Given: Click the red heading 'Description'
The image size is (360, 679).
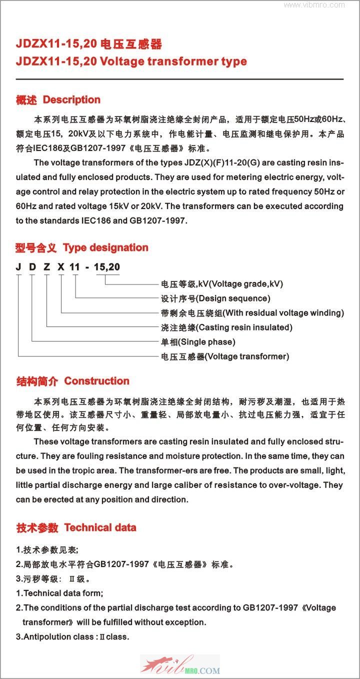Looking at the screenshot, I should click(x=71, y=100).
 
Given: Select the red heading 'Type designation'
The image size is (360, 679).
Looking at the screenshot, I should click(x=105, y=247).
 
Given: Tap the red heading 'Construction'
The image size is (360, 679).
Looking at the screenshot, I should click(x=96, y=381).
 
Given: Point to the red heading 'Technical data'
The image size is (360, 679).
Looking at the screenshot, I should click(x=100, y=527).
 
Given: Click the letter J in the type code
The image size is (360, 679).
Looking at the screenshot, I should click(x=18, y=267).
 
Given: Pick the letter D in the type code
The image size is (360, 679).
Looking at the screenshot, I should click(x=32, y=267).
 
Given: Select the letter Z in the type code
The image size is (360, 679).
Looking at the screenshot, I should click(x=46, y=267).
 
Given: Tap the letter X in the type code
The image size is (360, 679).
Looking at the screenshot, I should click(x=61, y=267).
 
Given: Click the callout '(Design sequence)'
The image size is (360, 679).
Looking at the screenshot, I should click(x=233, y=298).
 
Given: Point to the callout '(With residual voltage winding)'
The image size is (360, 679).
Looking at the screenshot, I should click(x=283, y=313).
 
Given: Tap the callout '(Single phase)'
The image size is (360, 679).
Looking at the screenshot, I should click(x=205, y=342).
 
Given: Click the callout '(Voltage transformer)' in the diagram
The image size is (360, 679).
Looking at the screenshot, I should click(x=247, y=356).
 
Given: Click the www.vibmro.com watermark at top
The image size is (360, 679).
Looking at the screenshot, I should click(x=314, y=5).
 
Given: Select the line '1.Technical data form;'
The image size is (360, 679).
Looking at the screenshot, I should click(x=59, y=593).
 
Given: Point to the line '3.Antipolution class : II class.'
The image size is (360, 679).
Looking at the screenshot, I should click(x=72, y=637).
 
